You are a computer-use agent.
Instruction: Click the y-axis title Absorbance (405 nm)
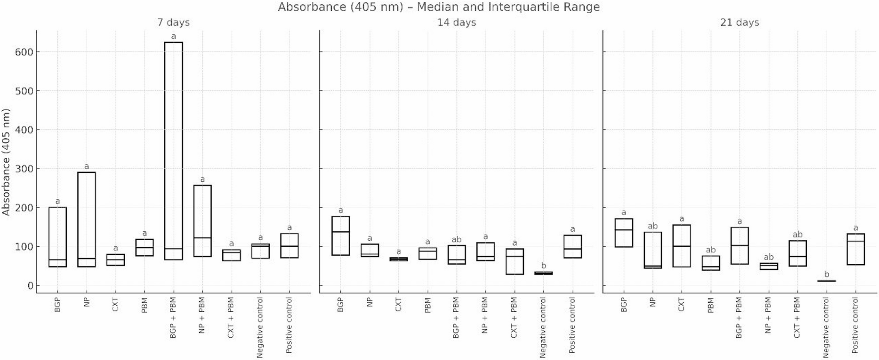tap(6, 162)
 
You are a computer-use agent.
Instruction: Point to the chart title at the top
tap(439, 7)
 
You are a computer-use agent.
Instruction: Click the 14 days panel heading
tap(456, 23)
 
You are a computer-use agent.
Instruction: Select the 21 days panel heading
tap(739, 23)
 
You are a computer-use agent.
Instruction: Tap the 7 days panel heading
tap(173, 23)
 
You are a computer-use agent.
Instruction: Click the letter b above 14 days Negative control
tap(543, 266)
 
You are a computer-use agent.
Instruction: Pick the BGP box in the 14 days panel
tap(340, 236)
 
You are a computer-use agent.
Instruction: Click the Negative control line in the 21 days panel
tap(826, 281)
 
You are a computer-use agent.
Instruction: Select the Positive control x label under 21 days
tap(855, 325)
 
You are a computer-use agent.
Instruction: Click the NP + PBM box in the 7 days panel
tap(202, 221)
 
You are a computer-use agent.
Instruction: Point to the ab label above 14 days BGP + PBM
tap(456, 239)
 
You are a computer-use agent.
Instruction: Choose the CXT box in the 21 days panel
tap(681, 246)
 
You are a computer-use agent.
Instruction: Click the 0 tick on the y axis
tap(30, 286)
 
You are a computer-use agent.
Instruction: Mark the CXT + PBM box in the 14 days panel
tap(514, 261)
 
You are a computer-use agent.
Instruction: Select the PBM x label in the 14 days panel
tap(428, 305)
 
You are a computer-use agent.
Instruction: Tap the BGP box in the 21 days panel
tap(623, 233)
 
